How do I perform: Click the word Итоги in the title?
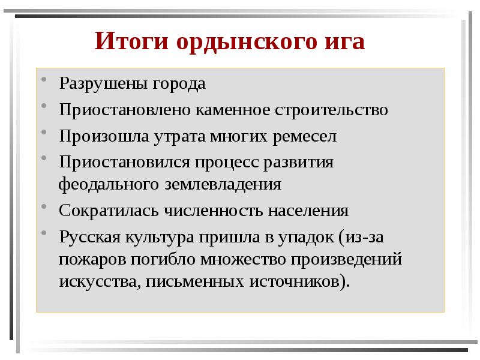tap(131, 42)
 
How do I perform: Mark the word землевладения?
tap(223, 184)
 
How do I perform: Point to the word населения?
tap(308, 211)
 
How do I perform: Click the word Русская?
tap(89, 237)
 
